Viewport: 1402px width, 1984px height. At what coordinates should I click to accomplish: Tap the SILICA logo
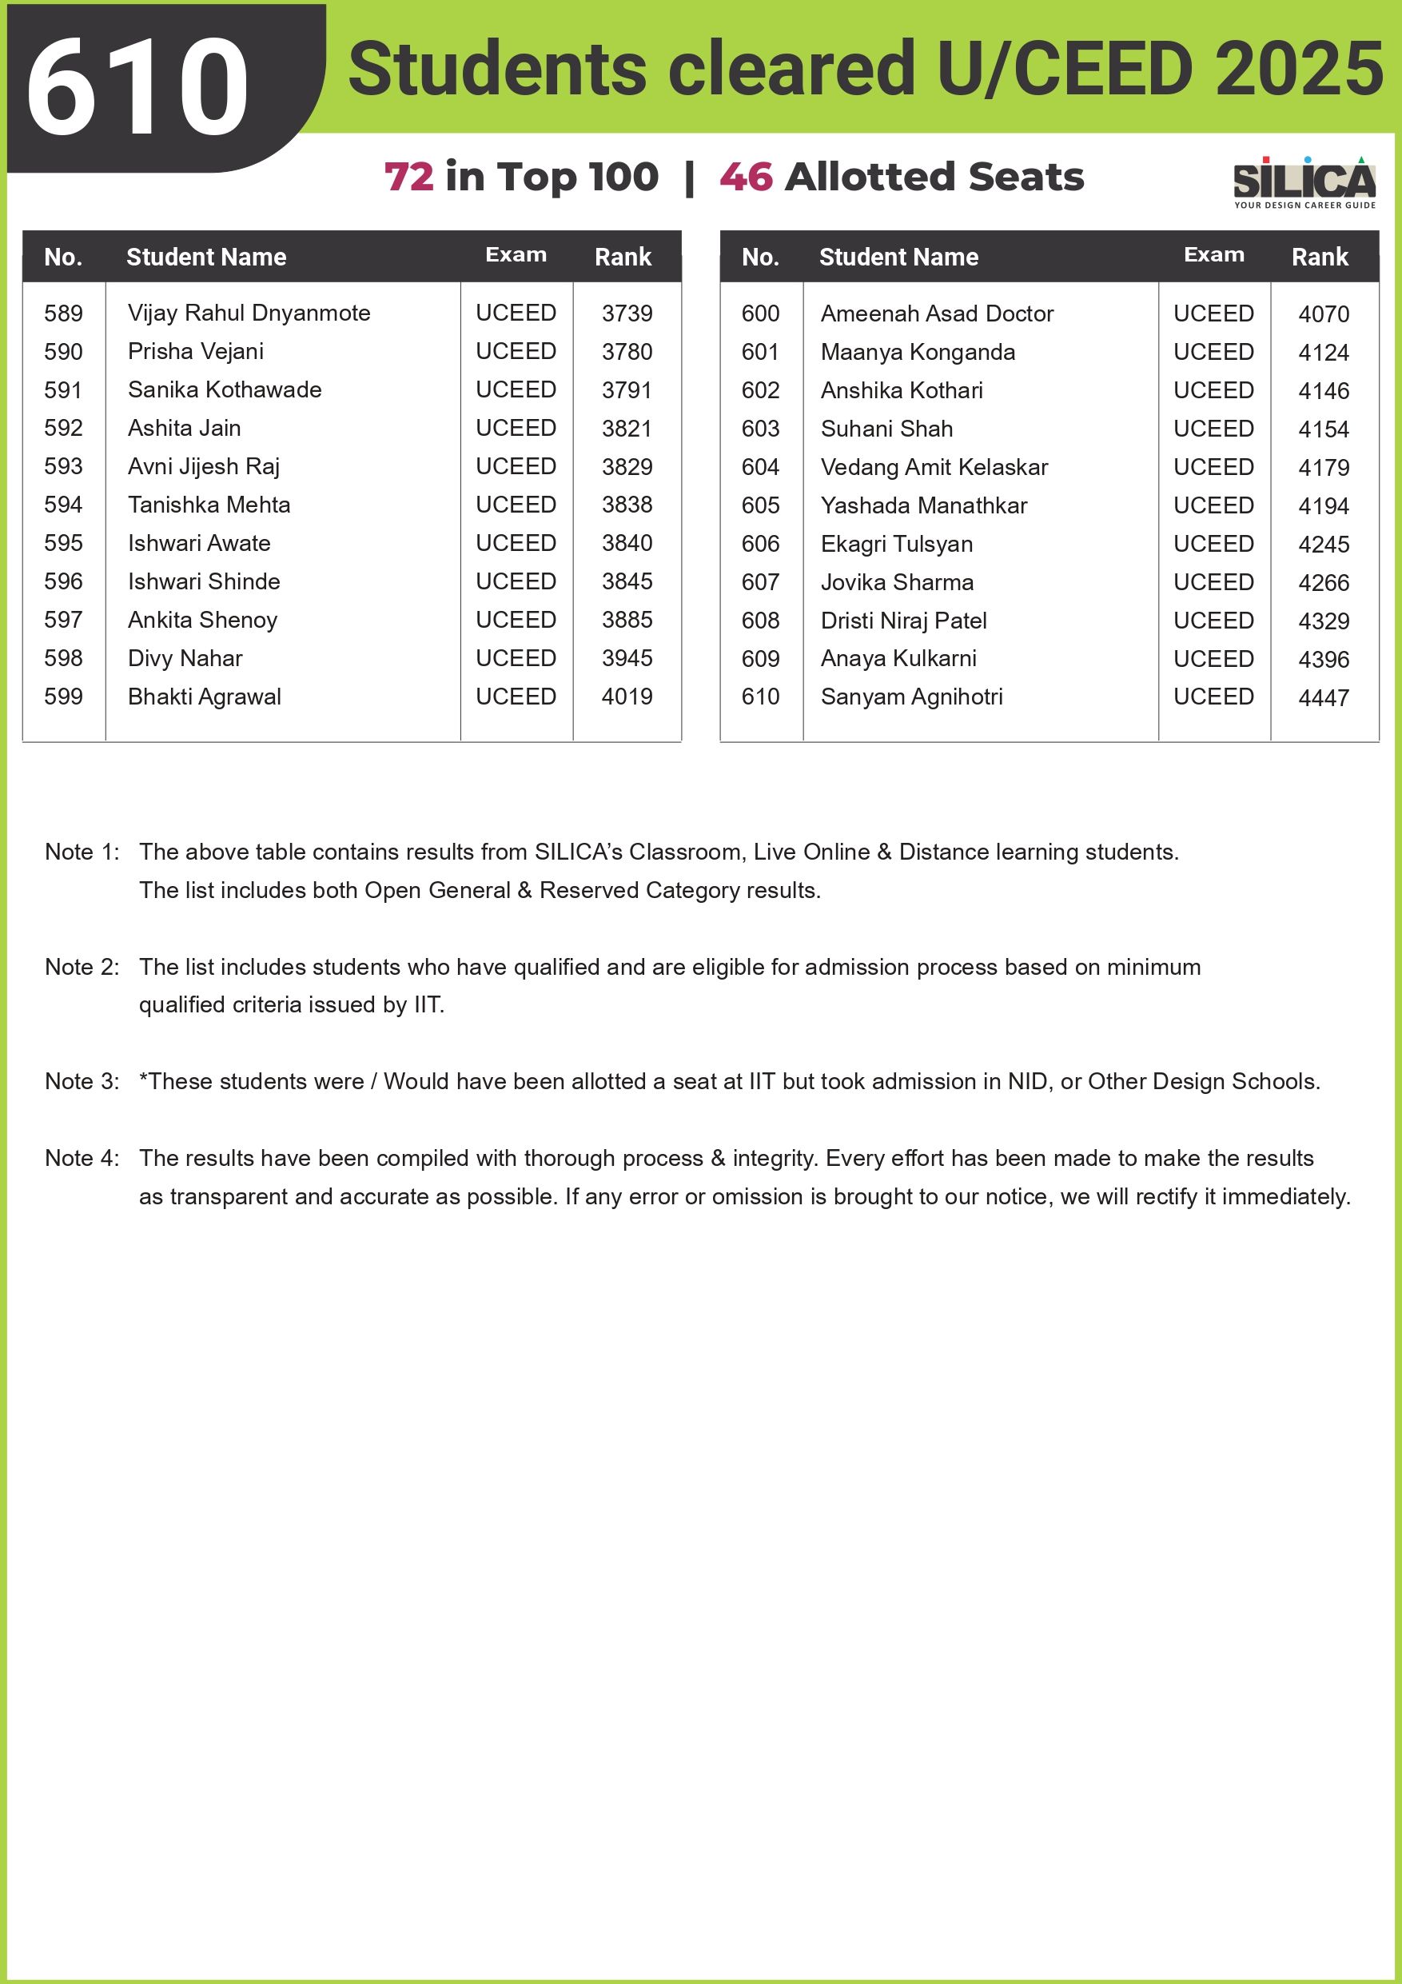click(x=1304, y=182)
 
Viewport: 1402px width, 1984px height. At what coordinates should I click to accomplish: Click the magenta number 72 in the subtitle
click(x=408, y=178)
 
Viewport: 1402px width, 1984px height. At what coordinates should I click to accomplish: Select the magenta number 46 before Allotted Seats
click(x=746, y=178)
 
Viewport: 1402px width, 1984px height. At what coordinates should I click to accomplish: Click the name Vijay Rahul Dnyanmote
click(x=249, y=313)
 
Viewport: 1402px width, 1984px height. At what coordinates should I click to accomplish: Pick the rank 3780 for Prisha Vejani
click(x=627, y=352)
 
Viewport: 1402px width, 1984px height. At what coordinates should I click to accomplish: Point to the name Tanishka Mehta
click(x=209, y=505)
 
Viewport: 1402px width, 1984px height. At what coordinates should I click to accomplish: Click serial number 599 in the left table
click(x=63, y=697)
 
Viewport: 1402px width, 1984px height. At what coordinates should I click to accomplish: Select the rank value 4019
click(x=627, y=697)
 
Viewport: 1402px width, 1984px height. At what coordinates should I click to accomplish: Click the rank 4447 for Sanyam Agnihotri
click(x=1323, y=697)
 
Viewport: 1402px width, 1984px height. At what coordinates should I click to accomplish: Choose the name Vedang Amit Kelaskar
click(x=934, y=468)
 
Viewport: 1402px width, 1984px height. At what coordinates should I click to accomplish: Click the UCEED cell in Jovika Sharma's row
click(x=1213, y=582)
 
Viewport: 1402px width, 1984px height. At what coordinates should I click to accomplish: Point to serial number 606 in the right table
click(x=760, y=545)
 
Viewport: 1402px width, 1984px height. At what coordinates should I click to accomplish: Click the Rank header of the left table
click(x=623, y=257)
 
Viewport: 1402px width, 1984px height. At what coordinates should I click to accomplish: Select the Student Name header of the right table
click(x=898, y=257)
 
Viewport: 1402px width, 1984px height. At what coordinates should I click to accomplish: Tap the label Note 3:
click(x=82, y=1082)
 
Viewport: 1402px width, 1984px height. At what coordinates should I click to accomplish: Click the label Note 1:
click(x=82, y=852)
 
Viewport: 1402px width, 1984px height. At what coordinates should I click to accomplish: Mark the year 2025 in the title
click(x=1298, y=69)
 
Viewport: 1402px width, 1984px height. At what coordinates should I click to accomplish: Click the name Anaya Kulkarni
click(x=898, y=658)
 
